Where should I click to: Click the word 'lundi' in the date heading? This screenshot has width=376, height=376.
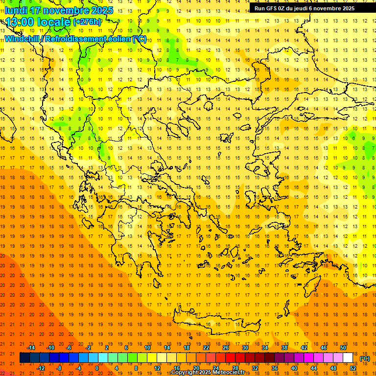16,10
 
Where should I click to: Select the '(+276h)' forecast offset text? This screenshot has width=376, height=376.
87,22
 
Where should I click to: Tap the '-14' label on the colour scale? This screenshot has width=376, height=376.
31,348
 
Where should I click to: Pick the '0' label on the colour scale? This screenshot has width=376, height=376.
97,368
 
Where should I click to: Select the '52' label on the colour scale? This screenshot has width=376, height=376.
353,368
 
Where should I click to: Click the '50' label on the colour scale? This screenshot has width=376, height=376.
343,348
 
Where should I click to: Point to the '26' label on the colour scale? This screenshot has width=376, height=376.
226,348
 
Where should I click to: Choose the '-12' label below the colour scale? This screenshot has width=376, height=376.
41,368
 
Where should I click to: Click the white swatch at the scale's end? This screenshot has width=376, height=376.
348,358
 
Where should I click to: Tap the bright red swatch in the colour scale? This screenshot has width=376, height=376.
231,358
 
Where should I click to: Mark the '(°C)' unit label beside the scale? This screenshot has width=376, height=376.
365,358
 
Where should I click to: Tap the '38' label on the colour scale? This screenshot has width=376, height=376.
284,348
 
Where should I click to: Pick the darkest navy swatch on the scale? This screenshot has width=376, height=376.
24,358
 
